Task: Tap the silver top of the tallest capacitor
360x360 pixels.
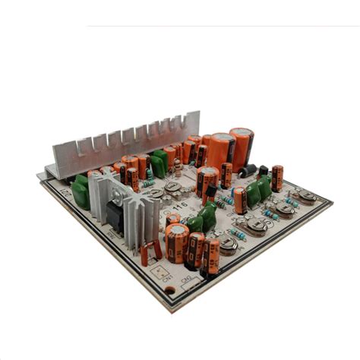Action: pos(242,133)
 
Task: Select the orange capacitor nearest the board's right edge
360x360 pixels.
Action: pos(277,178)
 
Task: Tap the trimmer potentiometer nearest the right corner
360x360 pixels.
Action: pos(307,197)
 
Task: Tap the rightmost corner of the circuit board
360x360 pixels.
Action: pos(331,203)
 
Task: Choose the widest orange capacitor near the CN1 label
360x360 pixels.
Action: pos(176,243)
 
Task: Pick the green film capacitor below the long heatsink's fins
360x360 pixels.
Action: pos(159,163)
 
